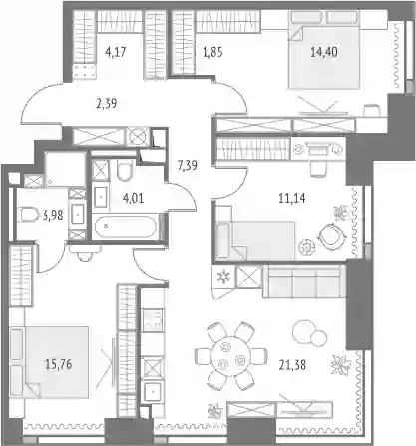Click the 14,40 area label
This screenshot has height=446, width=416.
pos(324,52)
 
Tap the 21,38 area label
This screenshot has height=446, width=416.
pos(292,365)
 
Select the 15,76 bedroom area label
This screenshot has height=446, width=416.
pos(58,364)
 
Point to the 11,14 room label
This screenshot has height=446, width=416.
pos(292,198)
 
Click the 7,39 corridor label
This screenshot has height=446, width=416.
pos(187,165)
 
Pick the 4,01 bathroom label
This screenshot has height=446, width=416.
pos(133,198)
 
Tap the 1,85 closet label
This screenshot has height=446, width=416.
pos(212,52)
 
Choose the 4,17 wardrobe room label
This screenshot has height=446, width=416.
pos(115,52)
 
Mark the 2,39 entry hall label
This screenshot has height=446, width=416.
pos(106,103)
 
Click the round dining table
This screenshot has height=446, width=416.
pos(230,355)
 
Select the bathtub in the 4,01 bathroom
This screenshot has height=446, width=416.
pos(125,227)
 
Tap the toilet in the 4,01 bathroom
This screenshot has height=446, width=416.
pos(125,170)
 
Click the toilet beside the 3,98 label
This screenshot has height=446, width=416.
pos(29,214)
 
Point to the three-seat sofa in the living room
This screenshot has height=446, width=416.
pos(304,281)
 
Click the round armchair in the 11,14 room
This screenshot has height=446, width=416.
pos(329,237)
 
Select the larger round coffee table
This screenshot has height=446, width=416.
pos(303,330)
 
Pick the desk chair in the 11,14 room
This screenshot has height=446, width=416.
pos(318,168)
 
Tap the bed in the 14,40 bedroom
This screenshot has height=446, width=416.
pos(324,49)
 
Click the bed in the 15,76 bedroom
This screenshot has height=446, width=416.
pos(49,362)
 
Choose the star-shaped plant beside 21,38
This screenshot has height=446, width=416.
pos(341,364)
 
